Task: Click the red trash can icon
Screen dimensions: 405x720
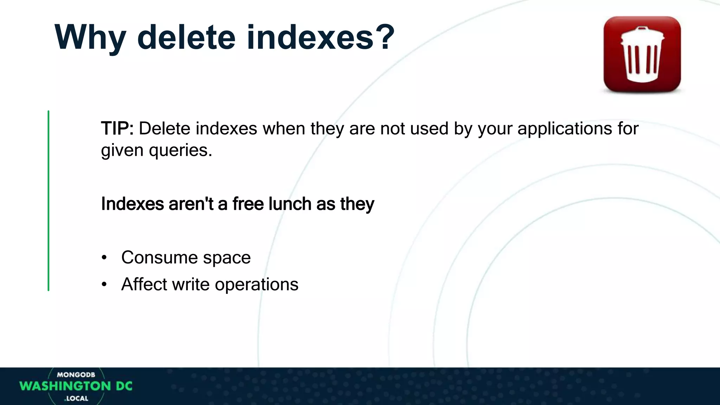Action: (x=642, y=54)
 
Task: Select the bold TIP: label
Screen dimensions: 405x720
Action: (x=117, y=129)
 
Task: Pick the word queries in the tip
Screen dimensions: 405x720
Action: (x=180, y=150)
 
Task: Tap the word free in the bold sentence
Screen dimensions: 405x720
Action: (x=248, y=204)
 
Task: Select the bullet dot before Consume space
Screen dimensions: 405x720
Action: (x=104, y=258)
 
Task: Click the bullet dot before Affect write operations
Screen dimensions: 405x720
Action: (x=104, y=284)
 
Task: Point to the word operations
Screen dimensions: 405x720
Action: (x=256, y=285)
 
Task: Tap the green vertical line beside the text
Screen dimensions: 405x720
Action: (x=49, y=200)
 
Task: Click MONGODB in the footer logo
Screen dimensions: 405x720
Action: (x=76, y=375)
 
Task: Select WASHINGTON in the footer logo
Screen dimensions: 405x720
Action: (x=65, y=386)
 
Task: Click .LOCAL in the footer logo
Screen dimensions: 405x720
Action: (x=76, y=398)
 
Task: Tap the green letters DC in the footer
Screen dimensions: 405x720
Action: (x=124, y=386)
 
